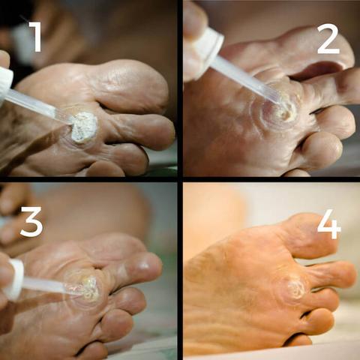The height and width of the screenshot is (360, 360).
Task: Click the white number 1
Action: click(x=36, y=37)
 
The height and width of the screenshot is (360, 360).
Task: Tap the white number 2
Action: click(x=328, y=39)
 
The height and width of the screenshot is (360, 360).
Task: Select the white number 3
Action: click(x=31, y=221)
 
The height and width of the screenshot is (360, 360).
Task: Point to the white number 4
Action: click(x=328, y=224)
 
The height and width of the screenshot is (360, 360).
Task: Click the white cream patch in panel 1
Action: click(x=83, y=127)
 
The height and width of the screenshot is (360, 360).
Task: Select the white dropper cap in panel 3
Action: click(x=14, y=280)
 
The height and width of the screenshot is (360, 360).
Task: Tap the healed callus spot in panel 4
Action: click(x=292, y=290)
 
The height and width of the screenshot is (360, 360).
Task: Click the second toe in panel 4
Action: click(x=330, y=275)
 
